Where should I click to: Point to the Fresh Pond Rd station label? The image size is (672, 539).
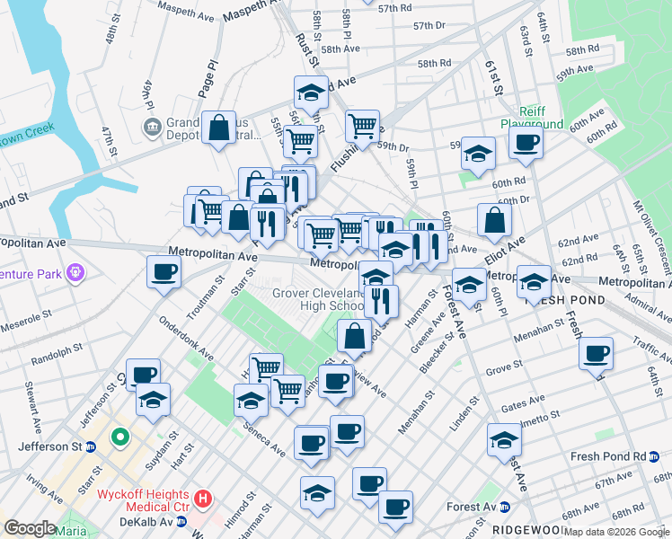pyautogui.click(x=608, y=456)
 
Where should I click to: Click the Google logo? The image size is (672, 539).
pyautogui.click(x=30, y=528)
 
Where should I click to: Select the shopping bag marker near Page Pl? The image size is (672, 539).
pyautogui.click(x=219, y=128)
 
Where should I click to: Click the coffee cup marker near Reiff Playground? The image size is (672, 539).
pyautogui.click(x=526, y=141)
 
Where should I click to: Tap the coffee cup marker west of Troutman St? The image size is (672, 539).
pyautogui.click(x=164, y=271)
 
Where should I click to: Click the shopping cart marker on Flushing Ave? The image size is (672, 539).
pyautogui.click(x=362, y=126)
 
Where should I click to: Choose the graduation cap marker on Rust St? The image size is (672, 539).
pyautogui.click(x=311, y=93)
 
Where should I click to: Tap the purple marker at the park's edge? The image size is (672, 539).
pyautogui.click(x=75, y=269)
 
